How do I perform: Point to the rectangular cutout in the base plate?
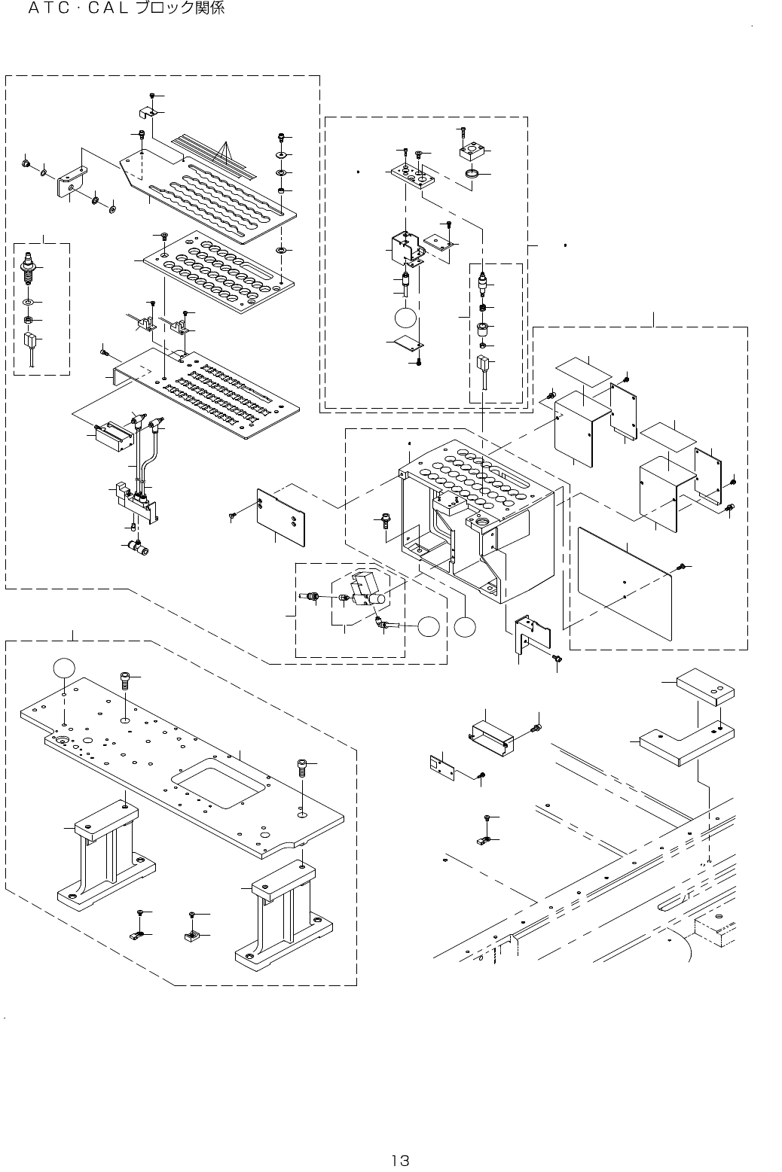[218, 787]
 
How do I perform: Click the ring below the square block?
[472, 175]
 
